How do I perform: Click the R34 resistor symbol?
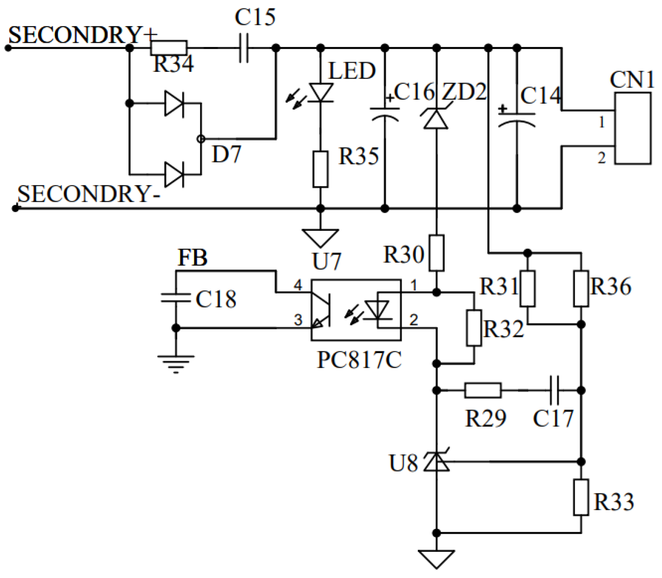169,48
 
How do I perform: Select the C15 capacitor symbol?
244,48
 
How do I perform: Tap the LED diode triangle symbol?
321,93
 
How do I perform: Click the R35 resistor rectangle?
320,169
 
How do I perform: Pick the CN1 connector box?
632,128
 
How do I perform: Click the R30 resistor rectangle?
437,253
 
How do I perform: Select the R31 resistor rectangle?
527,288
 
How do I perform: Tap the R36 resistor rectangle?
581,288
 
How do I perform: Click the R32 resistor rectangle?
474,328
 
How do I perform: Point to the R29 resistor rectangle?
483,390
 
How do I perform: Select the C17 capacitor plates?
555,390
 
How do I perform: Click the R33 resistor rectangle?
581,497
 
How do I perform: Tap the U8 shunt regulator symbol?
436,461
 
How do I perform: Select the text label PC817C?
359,360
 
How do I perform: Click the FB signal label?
192,257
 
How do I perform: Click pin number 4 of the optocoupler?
298,285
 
